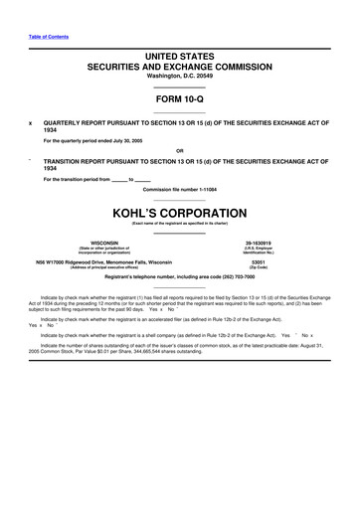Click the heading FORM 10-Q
[179, 100]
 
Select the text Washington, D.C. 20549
[179, 76]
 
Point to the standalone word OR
[179, 150]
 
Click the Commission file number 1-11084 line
[179, 189]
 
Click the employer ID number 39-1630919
[259, 242]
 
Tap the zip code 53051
[259, 262]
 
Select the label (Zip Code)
[259, 268]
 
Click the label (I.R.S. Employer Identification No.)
[259, 250]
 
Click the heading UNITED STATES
[179, 56]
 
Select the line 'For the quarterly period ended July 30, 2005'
[99, 140]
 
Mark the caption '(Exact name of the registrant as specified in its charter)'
[179, 224]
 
